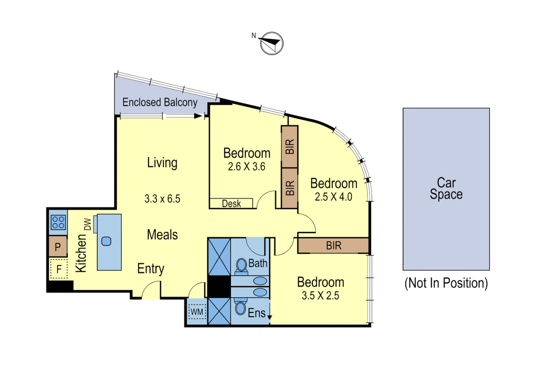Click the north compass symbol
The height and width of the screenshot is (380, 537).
tap(272, 43)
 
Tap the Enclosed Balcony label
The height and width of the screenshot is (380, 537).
tap(160, 102)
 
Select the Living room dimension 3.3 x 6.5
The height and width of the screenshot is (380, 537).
tap(162, 199)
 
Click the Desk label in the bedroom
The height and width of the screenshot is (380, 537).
tap(231, 204)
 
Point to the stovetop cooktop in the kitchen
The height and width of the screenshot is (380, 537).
tap(58, 223)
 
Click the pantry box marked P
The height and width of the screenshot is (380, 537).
tap(58, 247)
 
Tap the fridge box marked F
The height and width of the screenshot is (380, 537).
tap(59, 269)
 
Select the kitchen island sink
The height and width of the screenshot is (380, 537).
tap(106, 241)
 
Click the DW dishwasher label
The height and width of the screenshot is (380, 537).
tap(88, 224)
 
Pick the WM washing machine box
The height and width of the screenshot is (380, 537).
tap(197, 312)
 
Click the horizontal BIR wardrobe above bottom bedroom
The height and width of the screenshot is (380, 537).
tap(333, 246)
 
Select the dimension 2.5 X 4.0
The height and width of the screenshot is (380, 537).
tap(333, 197)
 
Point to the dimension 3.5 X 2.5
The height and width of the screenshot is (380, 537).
tap(320, 296)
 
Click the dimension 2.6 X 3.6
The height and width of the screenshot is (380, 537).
tap(246, 167)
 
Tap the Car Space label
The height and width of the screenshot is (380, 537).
tap(446, 189)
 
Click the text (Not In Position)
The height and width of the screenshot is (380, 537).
tap(446, 283)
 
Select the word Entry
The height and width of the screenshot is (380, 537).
tap(150, 269)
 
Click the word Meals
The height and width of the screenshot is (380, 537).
tap(162, 235)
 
